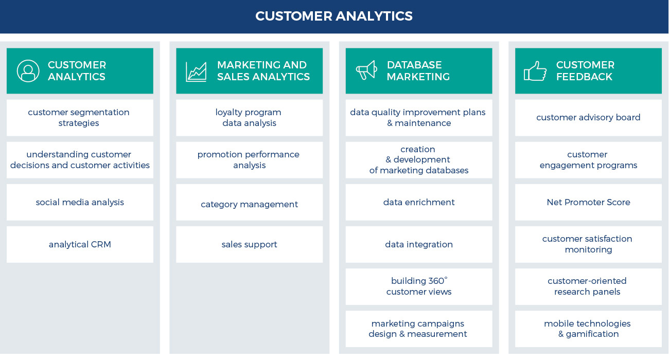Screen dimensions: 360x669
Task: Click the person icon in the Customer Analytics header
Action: [x=28, y=71]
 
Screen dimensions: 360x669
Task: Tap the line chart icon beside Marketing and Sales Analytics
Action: [x=196, y=71]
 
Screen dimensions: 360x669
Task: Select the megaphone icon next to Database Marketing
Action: [x=366, y=70]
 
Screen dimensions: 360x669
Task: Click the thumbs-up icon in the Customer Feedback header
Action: [x=535, y=71]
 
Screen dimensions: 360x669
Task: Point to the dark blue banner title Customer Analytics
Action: [x=334, y=16]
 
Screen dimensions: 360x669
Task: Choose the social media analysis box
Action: [x=80, y=202]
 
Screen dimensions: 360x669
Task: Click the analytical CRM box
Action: [x=80, y=244]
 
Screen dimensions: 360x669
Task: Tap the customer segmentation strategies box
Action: [x=80, y=118]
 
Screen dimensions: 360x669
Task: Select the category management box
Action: [x=249, y=204]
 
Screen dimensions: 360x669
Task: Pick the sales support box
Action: [x=249, y=244]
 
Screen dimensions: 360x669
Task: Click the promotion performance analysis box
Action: [x=249, y=160]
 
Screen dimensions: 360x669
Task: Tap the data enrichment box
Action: [x=419, y=202]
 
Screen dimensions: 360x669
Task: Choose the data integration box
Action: [x=419, y=244]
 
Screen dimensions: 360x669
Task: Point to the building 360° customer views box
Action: [x=419, y=286]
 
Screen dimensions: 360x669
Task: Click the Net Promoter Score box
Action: [x=588, y=202]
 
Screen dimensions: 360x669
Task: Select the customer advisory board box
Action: [x=588, y=118]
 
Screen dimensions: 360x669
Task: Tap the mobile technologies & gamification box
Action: [x=588, y=329]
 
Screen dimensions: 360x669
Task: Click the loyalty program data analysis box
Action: [x=249, y=118]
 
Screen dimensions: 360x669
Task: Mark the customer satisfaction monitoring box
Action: [x=588, y=244]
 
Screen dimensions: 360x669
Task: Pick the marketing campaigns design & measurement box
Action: [x=419, y=329]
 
